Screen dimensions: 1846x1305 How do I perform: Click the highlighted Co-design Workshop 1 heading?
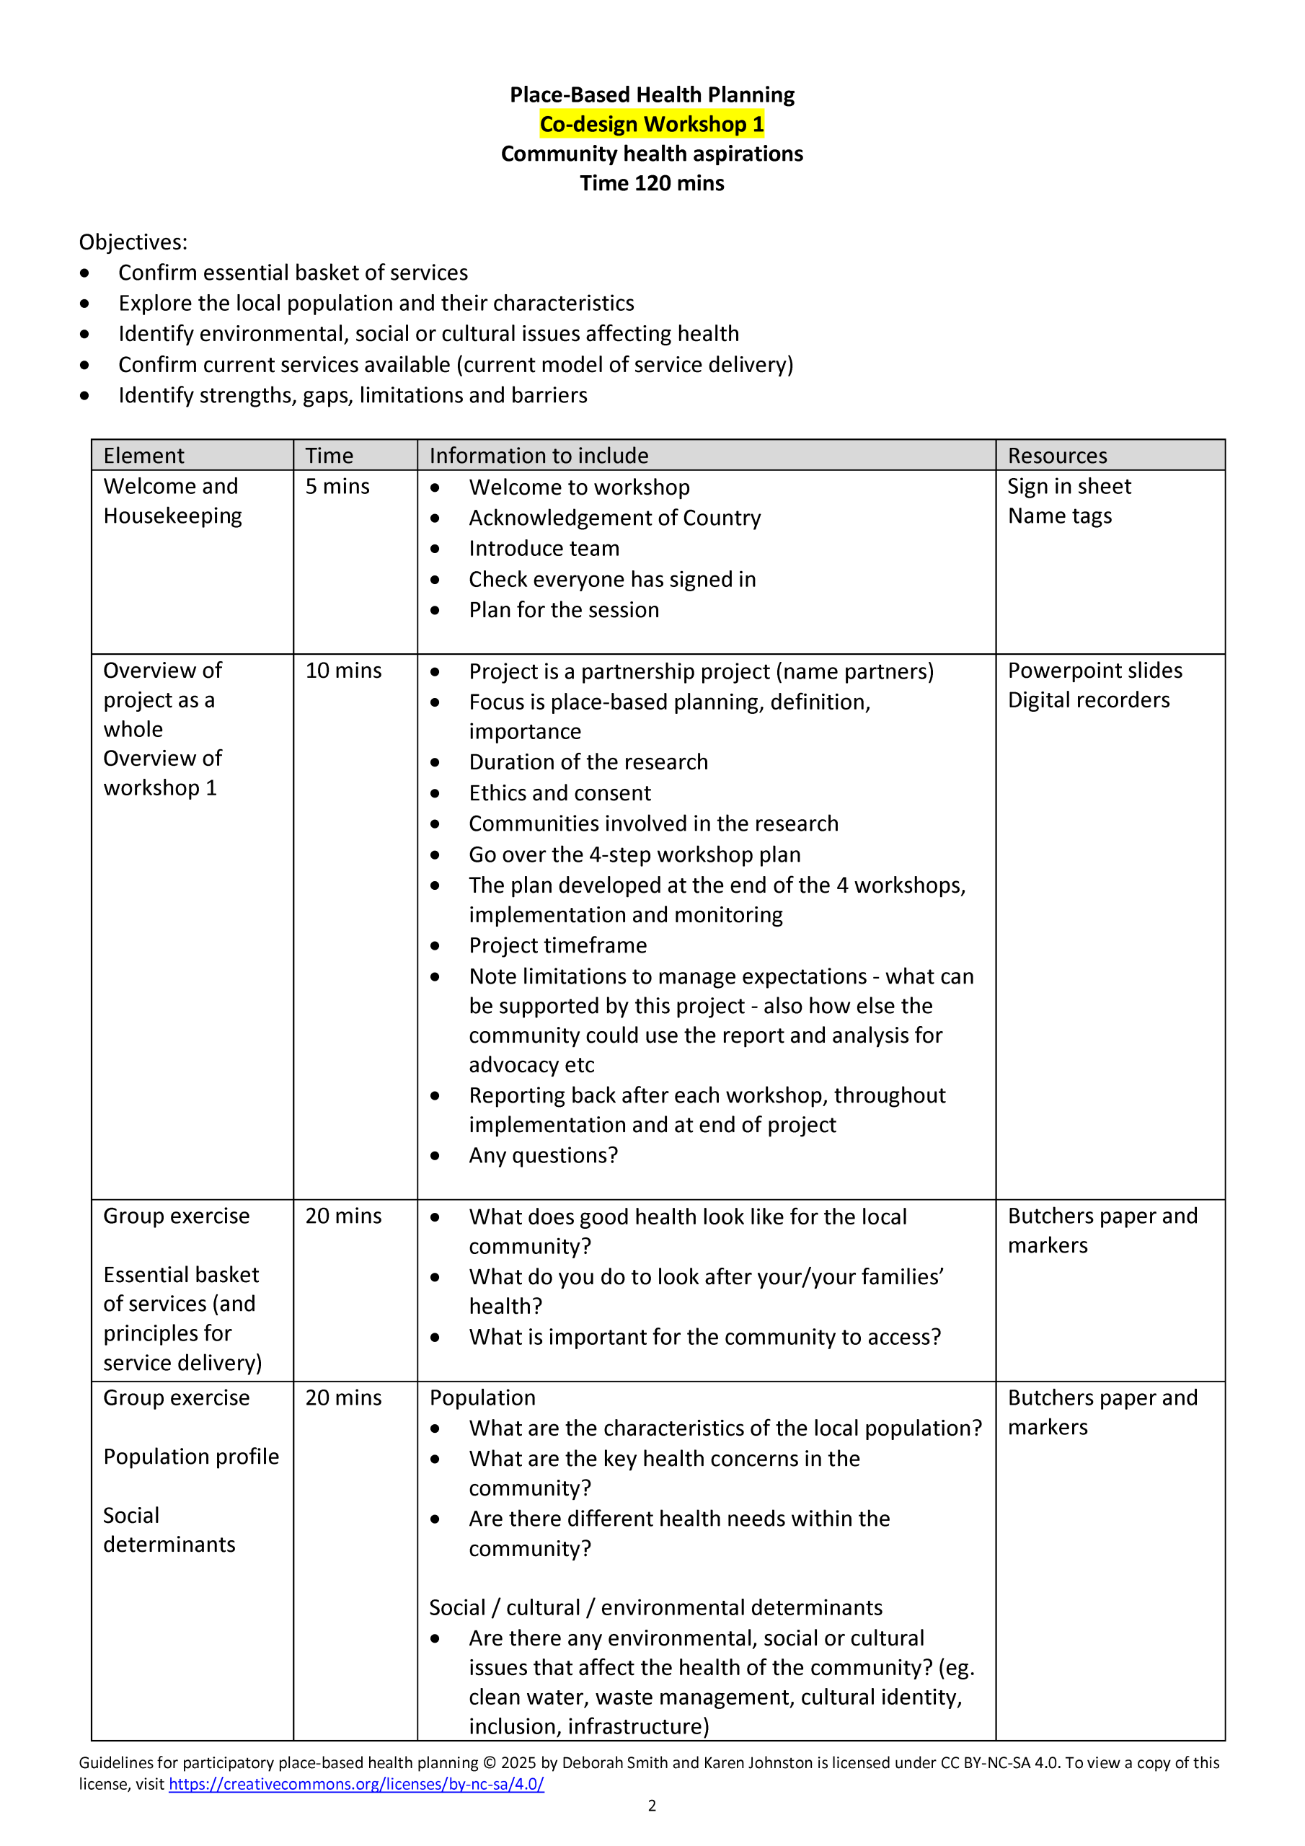pos(651,124)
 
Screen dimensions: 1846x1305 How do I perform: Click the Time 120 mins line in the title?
pos(651,183)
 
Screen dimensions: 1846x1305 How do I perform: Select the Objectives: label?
pos(133,242)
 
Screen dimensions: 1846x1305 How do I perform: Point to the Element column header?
pos(144,456)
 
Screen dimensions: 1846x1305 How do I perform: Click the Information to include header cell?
pos(539,456)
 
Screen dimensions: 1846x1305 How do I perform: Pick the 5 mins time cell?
pos(337,487)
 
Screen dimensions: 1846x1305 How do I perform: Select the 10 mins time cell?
pos(343,671)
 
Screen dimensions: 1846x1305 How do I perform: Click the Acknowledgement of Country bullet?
pos(614,518)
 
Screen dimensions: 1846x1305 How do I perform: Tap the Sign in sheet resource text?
pos(1069,487)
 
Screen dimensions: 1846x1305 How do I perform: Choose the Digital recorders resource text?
pos(1088,700)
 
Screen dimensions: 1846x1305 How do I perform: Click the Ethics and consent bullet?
pos(559,792)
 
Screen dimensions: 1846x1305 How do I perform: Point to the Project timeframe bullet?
pos(557,945)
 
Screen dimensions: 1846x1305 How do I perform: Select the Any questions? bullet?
pos(544,1155)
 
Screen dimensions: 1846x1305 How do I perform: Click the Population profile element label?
pos(190,1457)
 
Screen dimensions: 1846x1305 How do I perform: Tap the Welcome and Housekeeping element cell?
pos(172,501)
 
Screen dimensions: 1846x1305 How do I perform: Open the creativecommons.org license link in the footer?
pos(356,1784)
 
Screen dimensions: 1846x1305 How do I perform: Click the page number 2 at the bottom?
pos(652,1806)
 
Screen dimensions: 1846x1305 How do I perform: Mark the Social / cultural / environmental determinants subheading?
pos(655,1607)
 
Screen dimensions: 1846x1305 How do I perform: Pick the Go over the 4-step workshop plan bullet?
pos(634,854)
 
